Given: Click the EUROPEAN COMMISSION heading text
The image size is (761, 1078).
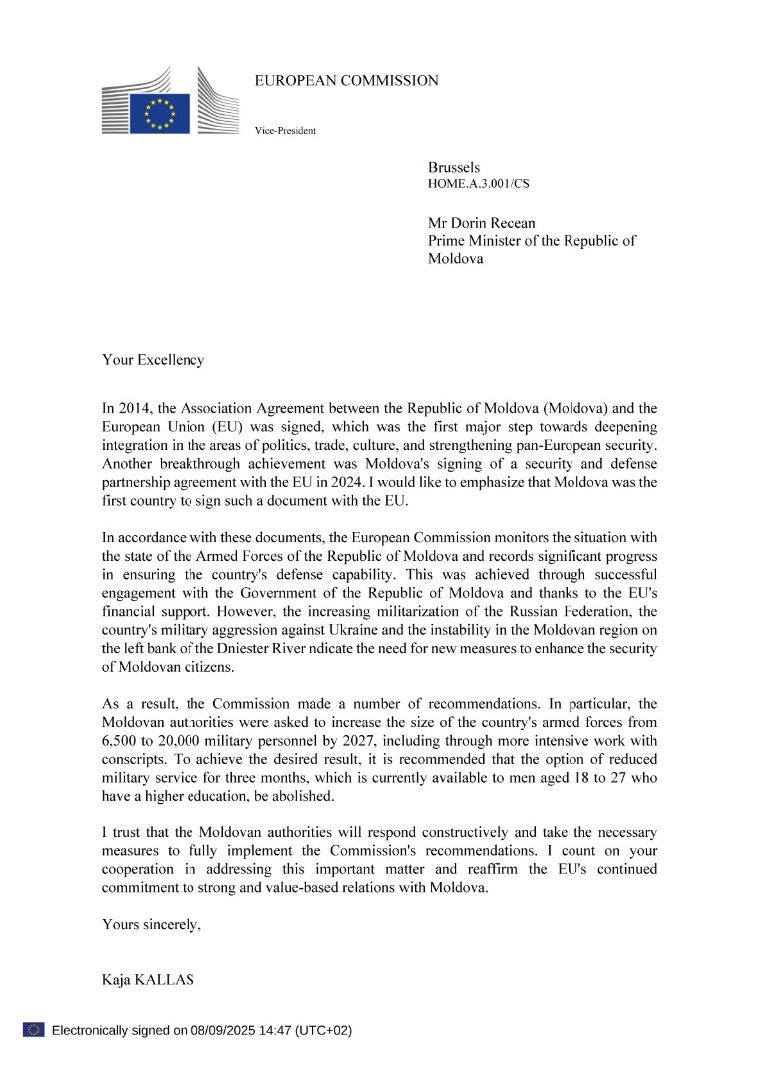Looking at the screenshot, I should [346, 81].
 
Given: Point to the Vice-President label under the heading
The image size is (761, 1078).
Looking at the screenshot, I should [285, 130].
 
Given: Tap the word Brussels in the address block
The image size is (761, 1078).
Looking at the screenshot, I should [454, 168].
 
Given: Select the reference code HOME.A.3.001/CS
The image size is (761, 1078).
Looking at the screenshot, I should [479, 186].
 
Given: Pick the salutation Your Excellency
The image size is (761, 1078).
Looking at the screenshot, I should [153, 360].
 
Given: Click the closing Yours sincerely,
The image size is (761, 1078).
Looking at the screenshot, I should [152, 925].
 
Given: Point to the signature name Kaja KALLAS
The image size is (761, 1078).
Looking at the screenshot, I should [148, 980].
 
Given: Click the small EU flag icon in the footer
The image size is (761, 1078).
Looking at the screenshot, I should [33, 1029].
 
